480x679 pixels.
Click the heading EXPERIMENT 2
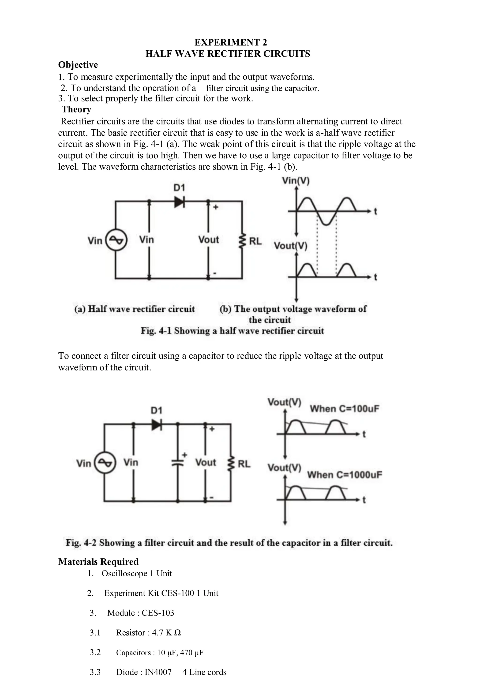coord(231,43)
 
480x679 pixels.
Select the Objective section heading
coord(78,65)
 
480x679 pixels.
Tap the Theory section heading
coord(76,109)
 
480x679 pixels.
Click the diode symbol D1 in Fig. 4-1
coord(179,202)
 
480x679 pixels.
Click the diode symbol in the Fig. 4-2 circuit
coord(157,425)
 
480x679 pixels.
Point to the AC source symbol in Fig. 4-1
coord(116,240)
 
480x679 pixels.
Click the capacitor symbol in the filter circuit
coord(178,463)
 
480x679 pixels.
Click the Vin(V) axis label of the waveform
coord(296,180)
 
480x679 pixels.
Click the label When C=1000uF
coord(345,475)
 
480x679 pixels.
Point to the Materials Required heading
coord(98,562)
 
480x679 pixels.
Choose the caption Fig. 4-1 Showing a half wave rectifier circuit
coord(232,331)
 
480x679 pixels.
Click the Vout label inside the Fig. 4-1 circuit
coord(209,239)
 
